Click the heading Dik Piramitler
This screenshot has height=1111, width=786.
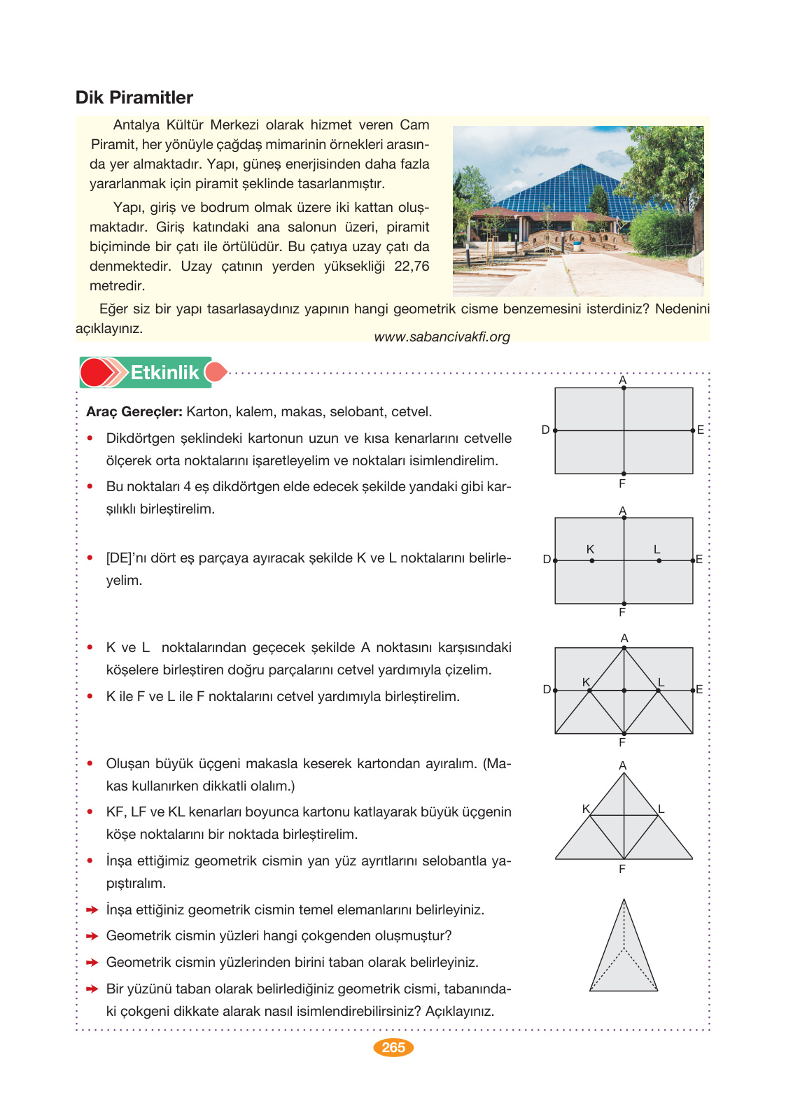(x=134, y=97)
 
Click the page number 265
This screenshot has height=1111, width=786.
(x=393, y=1047)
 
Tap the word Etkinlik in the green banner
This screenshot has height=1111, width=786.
(x=164, y=372)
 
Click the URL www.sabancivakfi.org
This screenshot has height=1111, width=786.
(x=442, y=337)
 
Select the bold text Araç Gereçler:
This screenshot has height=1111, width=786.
(x=134, y=411)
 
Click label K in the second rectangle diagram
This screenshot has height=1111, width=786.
(x=590, y=550)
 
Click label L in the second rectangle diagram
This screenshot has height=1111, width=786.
(x=657, y=550)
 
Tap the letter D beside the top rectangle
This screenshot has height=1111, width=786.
(x=545, y=430)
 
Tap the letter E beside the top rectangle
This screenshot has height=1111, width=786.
(x=700, y=430)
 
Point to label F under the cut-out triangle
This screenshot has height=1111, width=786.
(x=622, y=869)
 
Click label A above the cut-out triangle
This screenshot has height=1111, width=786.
(x=623, y=765)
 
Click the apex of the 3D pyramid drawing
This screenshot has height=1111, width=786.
(x=624, y=900)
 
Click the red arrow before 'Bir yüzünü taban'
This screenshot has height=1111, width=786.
(x=92, y=989)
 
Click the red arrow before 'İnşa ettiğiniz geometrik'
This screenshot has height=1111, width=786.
(x=92, y=910)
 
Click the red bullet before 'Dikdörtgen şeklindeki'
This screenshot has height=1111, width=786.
(x=90, y=439)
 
